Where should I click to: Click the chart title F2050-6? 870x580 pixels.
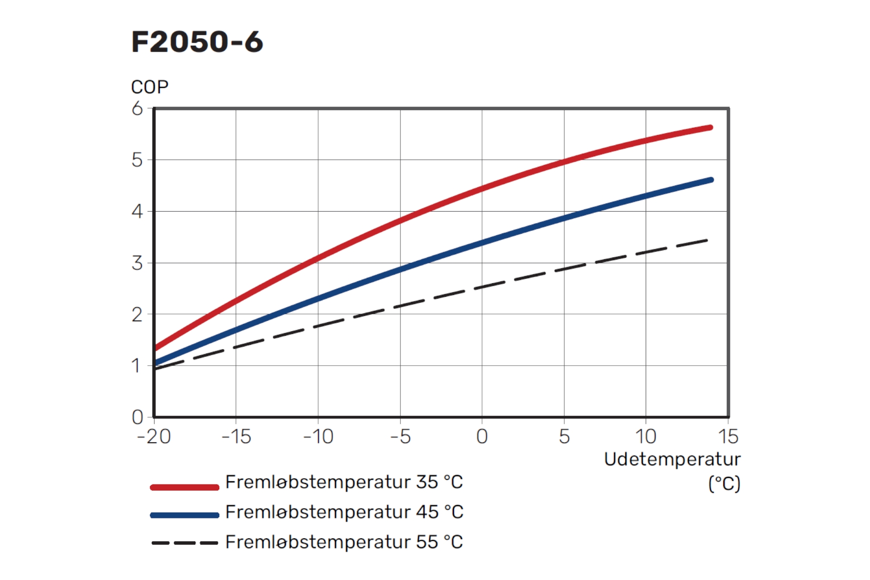(197, 42)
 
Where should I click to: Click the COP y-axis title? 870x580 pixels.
(150, 87)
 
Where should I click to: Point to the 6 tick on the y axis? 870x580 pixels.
(137, 109)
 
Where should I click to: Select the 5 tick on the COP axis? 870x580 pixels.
(137, 160)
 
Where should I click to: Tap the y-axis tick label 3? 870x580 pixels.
(137, 263)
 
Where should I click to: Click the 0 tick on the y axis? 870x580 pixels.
(137, 417)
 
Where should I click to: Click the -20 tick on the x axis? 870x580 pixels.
(154, 437)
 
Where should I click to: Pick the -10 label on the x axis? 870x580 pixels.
(318, 437)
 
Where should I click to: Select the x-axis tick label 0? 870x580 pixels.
(482, 437)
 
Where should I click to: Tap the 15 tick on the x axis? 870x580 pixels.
(728, 437)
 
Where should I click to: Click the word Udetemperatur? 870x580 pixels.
(672, 459)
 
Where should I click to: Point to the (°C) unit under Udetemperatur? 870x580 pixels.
(724, 484)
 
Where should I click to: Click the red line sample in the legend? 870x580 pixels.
(184, 487)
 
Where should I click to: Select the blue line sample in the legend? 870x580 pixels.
(184, 515)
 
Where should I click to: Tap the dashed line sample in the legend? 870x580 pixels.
(184, 543)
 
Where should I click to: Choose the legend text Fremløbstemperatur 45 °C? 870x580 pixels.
(344, 512)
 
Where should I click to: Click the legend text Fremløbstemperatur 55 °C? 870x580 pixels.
(344, 542)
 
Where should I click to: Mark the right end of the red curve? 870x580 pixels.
(710, 128)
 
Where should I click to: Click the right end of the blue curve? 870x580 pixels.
(710, 180)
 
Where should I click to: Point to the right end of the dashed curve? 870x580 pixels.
(706, 241)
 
